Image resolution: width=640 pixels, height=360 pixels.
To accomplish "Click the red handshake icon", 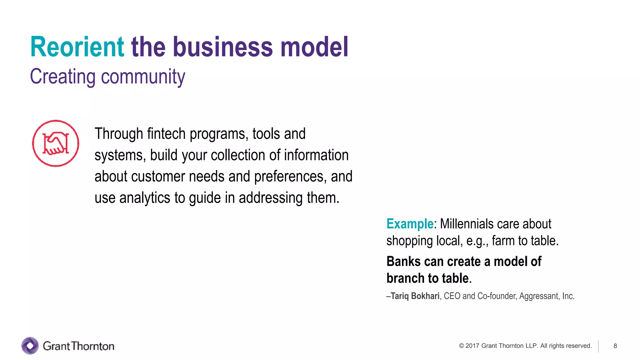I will (x=56, y=143).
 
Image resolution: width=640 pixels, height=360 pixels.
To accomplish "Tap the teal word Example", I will (x=410, y=224).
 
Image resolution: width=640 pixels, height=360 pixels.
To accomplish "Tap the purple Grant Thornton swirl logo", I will (x=30, y=346).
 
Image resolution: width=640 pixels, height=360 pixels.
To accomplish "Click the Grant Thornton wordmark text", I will (x=78, y=346).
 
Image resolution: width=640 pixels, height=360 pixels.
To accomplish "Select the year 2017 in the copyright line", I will (x=472, y=346).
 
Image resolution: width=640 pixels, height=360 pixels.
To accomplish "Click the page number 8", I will (x=615, y=346).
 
